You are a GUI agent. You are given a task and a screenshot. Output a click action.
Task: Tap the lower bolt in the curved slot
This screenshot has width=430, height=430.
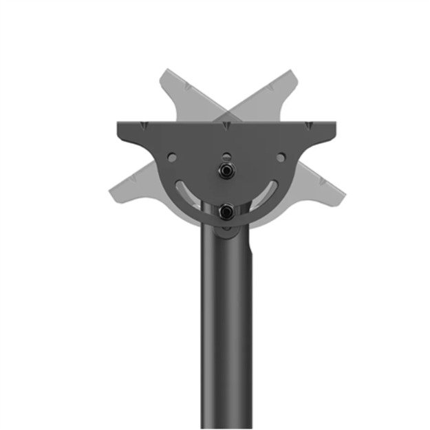click(226, 212)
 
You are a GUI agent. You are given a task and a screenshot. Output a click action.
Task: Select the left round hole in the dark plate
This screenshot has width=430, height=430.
click(172, 158)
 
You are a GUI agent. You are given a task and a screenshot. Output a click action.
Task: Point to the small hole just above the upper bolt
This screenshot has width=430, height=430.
click(226, 154)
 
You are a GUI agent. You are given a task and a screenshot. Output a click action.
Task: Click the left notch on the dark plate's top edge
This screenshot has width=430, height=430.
click(144, 125)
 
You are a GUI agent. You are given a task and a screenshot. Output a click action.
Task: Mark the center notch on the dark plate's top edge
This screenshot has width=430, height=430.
click(226, 125)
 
